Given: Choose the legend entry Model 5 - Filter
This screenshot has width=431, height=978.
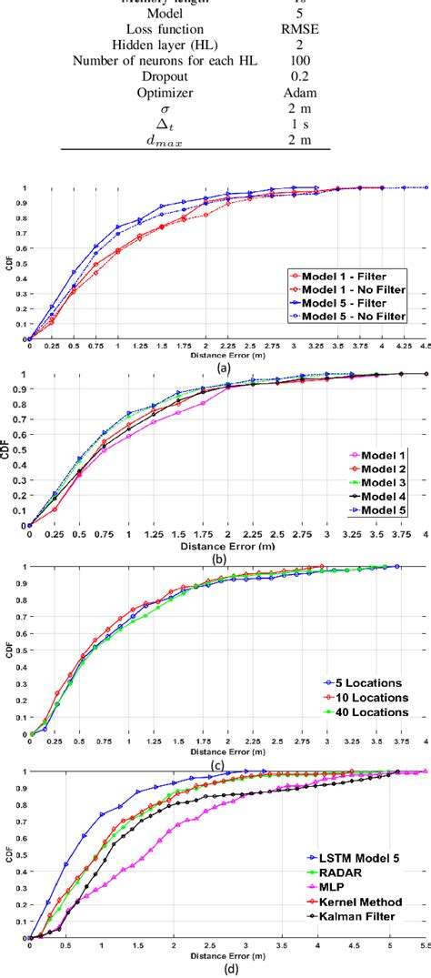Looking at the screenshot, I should pos(357,302).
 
